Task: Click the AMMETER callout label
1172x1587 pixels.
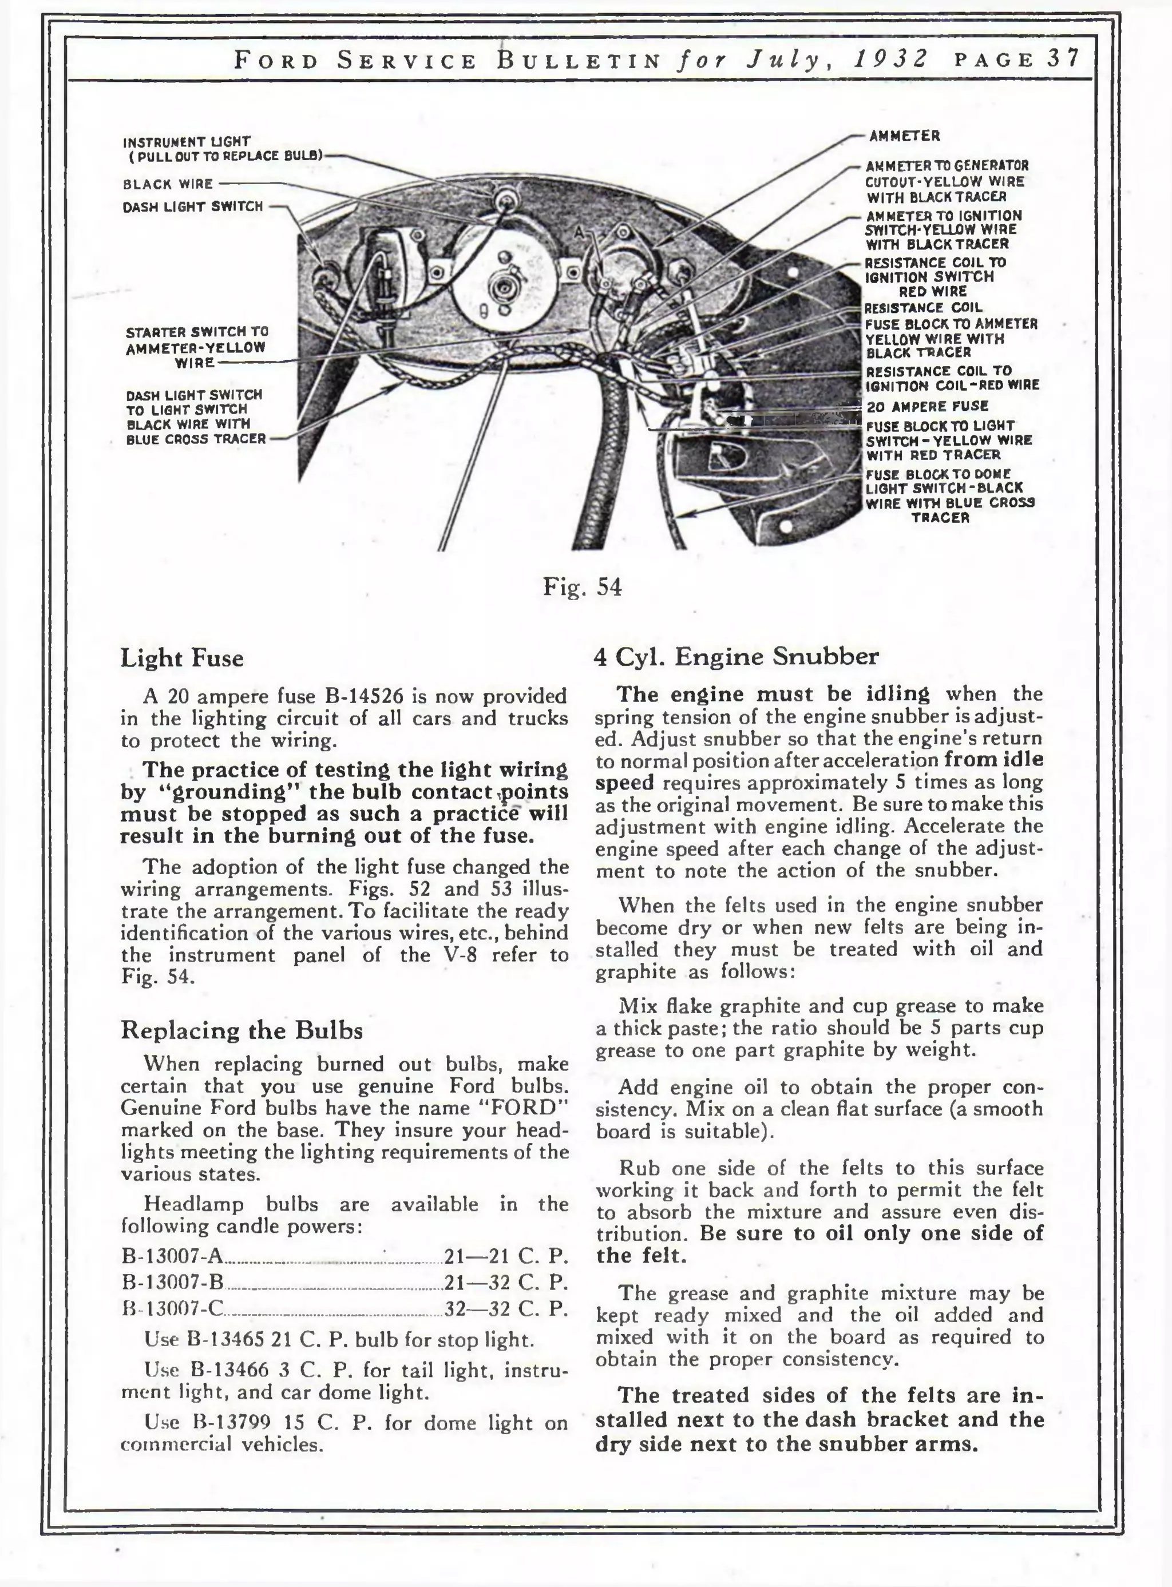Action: (905, 136)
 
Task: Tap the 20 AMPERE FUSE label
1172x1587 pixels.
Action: (927, 406)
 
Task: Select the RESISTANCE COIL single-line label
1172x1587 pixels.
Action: (922, 308)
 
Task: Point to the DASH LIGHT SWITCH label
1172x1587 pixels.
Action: (192, 207)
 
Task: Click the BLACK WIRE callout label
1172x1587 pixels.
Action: (168, 184)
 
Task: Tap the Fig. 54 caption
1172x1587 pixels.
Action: (582, 587)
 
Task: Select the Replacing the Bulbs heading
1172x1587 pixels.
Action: (241, 1030)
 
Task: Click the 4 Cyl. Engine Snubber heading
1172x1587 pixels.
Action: (736, 657)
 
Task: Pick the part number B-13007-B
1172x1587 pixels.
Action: (172, 1282)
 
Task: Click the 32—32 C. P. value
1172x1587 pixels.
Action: (506, 1308)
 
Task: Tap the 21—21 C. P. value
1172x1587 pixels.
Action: (506, 1256)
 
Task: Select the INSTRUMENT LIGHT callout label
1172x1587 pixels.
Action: (186, 142)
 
